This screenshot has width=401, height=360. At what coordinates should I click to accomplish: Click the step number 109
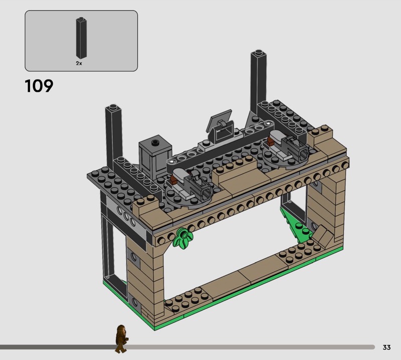pos(39,86)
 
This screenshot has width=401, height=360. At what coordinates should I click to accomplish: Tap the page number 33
pos(386,347)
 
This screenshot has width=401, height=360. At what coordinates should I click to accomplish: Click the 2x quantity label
pos(79,63)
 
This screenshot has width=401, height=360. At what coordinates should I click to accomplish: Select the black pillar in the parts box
pos(81,38)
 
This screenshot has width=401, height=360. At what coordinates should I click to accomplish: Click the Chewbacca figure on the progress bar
pos(121,339)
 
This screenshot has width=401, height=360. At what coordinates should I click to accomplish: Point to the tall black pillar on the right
pos(259,82)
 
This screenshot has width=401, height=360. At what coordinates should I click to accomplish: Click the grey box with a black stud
pos(155,155)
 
